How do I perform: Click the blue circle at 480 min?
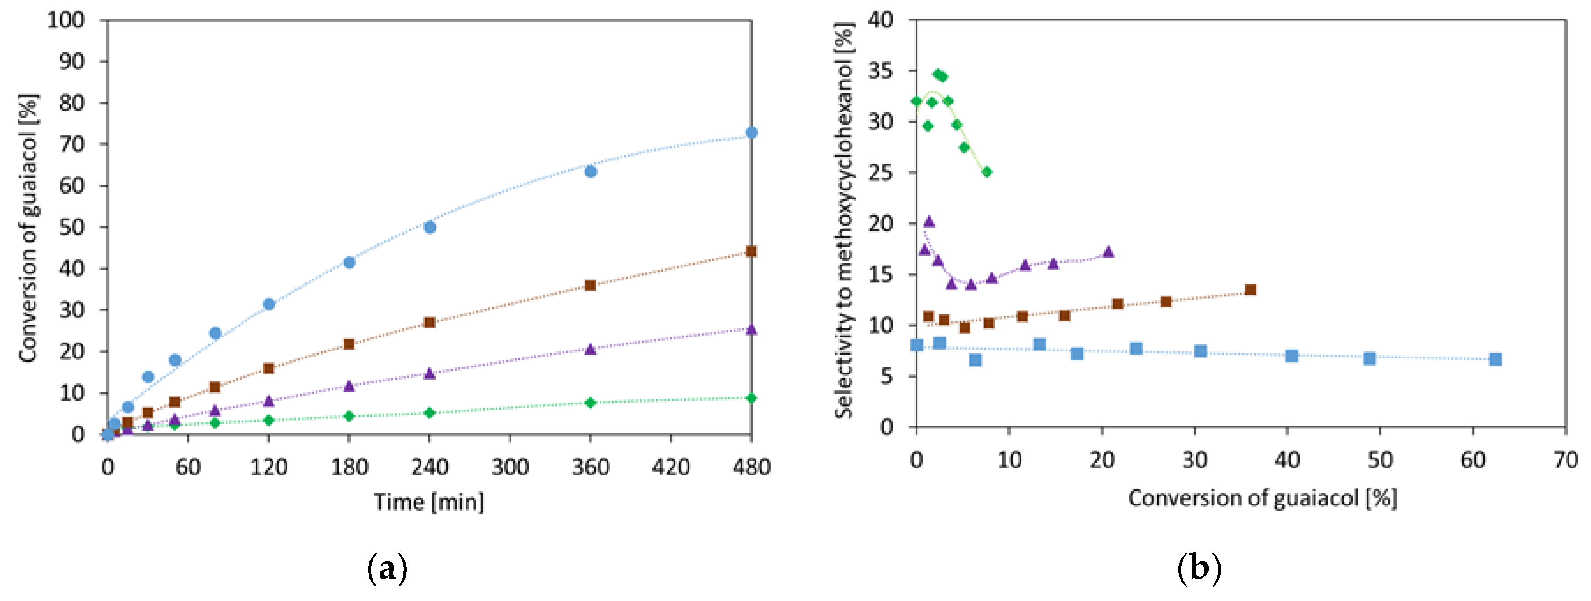coord(751,133)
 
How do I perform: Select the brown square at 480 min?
coord(751,251)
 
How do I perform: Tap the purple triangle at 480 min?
coord(751,330)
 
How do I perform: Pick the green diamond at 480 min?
coord(751,398)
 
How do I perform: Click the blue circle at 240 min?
coord(430,228)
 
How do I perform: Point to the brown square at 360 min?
coord(590,285)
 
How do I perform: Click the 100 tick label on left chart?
coord(66,20)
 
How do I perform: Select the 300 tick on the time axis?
coord(510,467)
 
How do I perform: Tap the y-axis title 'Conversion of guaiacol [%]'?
coord(28,228)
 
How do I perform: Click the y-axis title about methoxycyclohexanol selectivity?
coord(844,221)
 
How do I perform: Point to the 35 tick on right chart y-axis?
coord(880,71)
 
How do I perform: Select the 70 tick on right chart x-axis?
coord(1565,460)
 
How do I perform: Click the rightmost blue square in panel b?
coord(1495,359)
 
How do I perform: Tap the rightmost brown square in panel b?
coord(1251,290)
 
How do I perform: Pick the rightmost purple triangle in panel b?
coord(1108,252)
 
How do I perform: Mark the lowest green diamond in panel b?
coord(987,172)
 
